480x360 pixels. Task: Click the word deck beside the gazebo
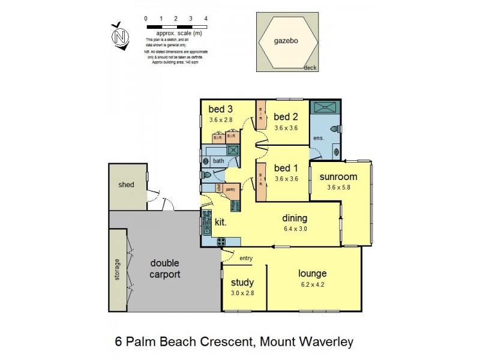pyautogui.click(x=310, y=68)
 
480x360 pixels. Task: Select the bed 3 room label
pyautogui.click(x=220, y=109)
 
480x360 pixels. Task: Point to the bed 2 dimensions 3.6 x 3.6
pyautogui.click(x=286, y=128)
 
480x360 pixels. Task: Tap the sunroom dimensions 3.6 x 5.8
pyautogui.click(x=338, y=187)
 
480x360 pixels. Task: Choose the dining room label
pyautogui.click(x=295, y=218)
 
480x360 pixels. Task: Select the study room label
pyautogui.click(x=242, y=283)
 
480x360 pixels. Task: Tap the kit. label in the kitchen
pyautogui.click(x=221, y=222)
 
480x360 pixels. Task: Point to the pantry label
pyautogui.click(x=230, y=189)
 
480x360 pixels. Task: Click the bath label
pyautogui.click(x=218, y=161)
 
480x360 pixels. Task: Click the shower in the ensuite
pyautogui.click(x=325, y=107)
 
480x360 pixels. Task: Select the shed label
pyautogui.click(x=125, y=185)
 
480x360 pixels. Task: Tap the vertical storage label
pyautogui.click(x=118, y=269)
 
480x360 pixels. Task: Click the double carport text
pyautogui.click(x=165, y=269)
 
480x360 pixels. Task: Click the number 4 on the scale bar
pyautogui.click(x=206, y=19)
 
